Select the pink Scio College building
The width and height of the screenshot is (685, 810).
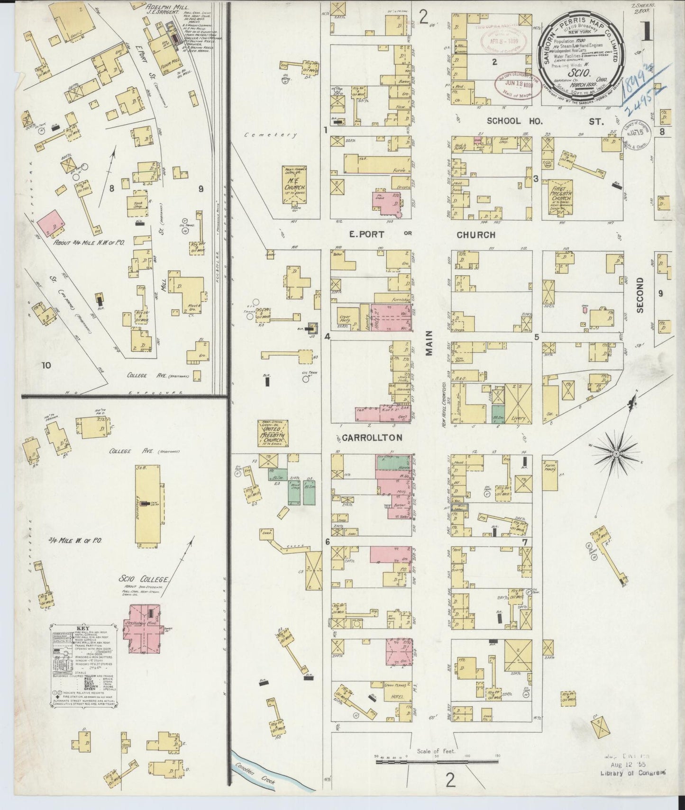(x=142, y=627)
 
